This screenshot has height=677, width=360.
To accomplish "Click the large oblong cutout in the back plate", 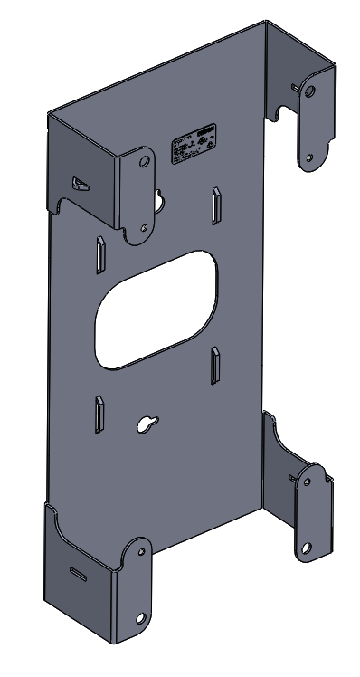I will coord(156,308).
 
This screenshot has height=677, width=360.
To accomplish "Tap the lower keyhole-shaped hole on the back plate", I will coord(145,423).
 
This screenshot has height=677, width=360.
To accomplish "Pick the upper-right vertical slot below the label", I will coord(216,206).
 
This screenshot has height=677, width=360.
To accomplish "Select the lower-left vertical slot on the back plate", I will coord(97,415).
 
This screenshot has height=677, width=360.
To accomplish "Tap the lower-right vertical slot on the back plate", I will coord(215,367).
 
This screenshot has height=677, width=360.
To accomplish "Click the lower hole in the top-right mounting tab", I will coord(309,157).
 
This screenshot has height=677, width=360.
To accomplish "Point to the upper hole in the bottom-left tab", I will coord(141,553).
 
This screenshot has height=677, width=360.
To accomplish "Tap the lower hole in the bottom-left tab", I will coord(140,618).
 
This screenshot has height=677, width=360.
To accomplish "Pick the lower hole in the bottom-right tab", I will coord(308,547).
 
